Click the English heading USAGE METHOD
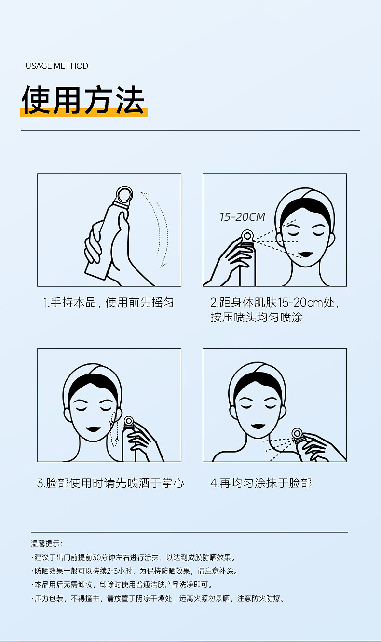click(57, 66)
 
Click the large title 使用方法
click(83, 100)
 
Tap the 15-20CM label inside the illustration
click(242, 217)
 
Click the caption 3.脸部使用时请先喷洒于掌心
click(110, 483)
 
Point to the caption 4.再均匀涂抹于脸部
click(261, 483)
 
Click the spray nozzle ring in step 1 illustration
click(123, 195)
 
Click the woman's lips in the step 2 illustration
click(306, 254)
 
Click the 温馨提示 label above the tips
click(46, 544)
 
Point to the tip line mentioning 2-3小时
click(135, 571)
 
